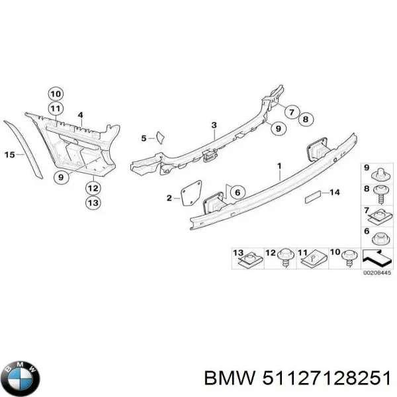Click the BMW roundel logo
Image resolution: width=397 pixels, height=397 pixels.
pyautogui.click(x=21, y=378)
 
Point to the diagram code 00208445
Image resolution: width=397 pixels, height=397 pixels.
pyautogui.click(x=377, y=272)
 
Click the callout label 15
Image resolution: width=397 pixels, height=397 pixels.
pyautogui.click(x=9, y=155)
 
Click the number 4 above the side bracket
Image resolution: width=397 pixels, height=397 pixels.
pyautogui.click(x=80, y=115)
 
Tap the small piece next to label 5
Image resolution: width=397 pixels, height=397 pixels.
pyautogui.click(x=159, y=137)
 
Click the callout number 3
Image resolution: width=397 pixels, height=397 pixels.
pyautogui.click(x=214, y=125)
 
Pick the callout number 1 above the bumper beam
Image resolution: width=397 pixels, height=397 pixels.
pyautogui.click(x=279, y=165)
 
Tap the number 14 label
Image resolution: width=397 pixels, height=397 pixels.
pyautogui.click(x=335, y=193)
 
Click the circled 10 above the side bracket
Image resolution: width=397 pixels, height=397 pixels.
pyautogui.click(x=56, y=93)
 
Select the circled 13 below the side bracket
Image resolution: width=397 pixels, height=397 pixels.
pyautogui.click(x=93, y=203)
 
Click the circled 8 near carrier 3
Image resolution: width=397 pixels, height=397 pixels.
pyautogui.click(x=304, y=119)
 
